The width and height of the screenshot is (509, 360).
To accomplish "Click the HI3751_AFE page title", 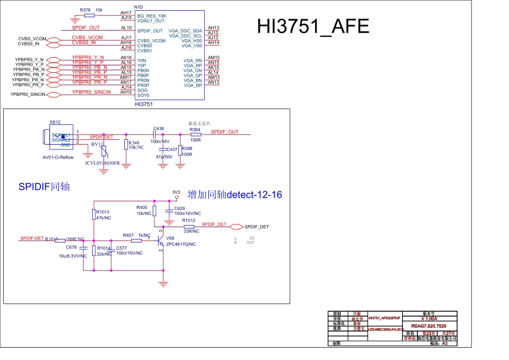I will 313,27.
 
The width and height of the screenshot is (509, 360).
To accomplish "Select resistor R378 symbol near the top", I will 89,16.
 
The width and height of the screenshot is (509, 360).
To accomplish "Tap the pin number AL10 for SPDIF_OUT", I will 126,27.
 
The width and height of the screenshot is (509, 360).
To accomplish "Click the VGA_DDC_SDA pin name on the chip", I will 185,31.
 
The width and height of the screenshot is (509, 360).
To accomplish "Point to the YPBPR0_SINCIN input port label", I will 28,95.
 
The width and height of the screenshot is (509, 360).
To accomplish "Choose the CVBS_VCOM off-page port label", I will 32,39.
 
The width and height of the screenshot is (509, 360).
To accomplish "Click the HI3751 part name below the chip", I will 144,104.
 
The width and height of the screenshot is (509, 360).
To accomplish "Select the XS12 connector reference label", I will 55,122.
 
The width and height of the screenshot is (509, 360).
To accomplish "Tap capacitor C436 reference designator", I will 159,129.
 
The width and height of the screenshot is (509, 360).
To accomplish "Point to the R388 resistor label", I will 187,148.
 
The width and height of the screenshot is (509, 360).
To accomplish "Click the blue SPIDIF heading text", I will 44,187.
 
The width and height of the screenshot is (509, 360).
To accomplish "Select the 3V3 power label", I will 176,192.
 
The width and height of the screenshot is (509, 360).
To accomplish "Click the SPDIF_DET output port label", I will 257,227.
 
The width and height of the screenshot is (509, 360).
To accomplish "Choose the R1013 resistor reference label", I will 103,212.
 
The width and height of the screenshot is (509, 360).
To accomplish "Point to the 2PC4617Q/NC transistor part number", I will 181,244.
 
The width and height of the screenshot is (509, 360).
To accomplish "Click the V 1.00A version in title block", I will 429,318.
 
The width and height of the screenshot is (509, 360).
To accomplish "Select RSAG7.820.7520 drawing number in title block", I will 429,326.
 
